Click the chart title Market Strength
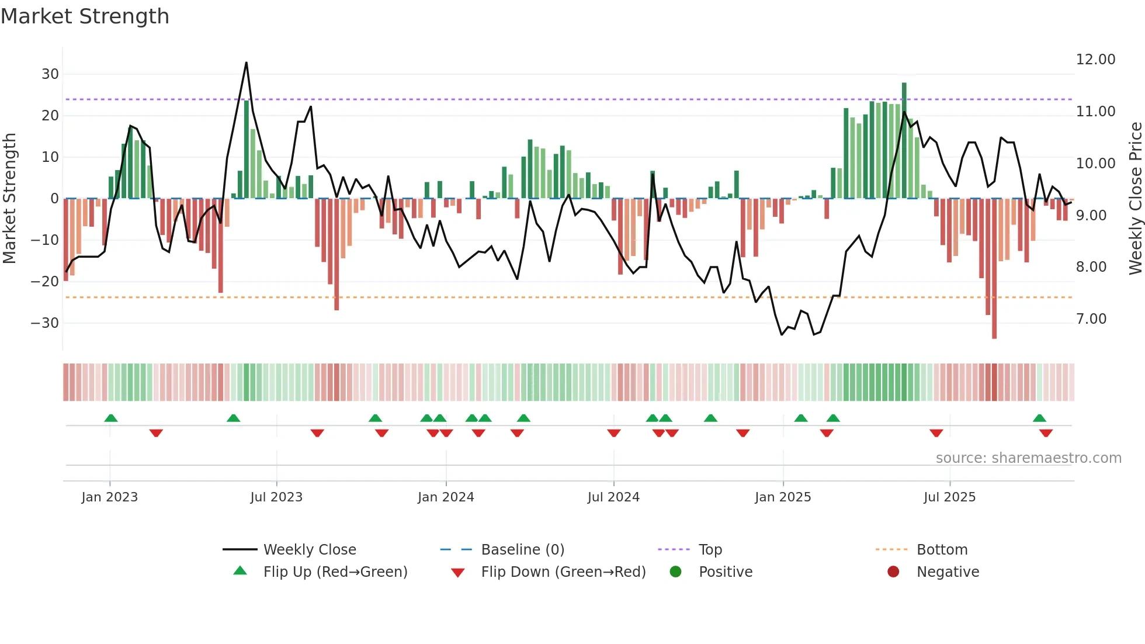tap(85, 16)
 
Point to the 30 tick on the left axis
tap(50, 74)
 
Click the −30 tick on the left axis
tap(45, 323)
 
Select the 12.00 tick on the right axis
tap(1095, 60)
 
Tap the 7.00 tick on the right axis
tap(1091, 319)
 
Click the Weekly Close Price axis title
tap(1135, 198)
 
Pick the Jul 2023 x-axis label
tap(276, 497)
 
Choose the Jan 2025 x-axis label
tap(783, 497)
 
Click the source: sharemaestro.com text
tap(1028, 458)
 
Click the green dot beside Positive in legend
tap(676, 572)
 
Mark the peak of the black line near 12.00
tap(247, 63)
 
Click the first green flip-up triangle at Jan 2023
tap(111, 418)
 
